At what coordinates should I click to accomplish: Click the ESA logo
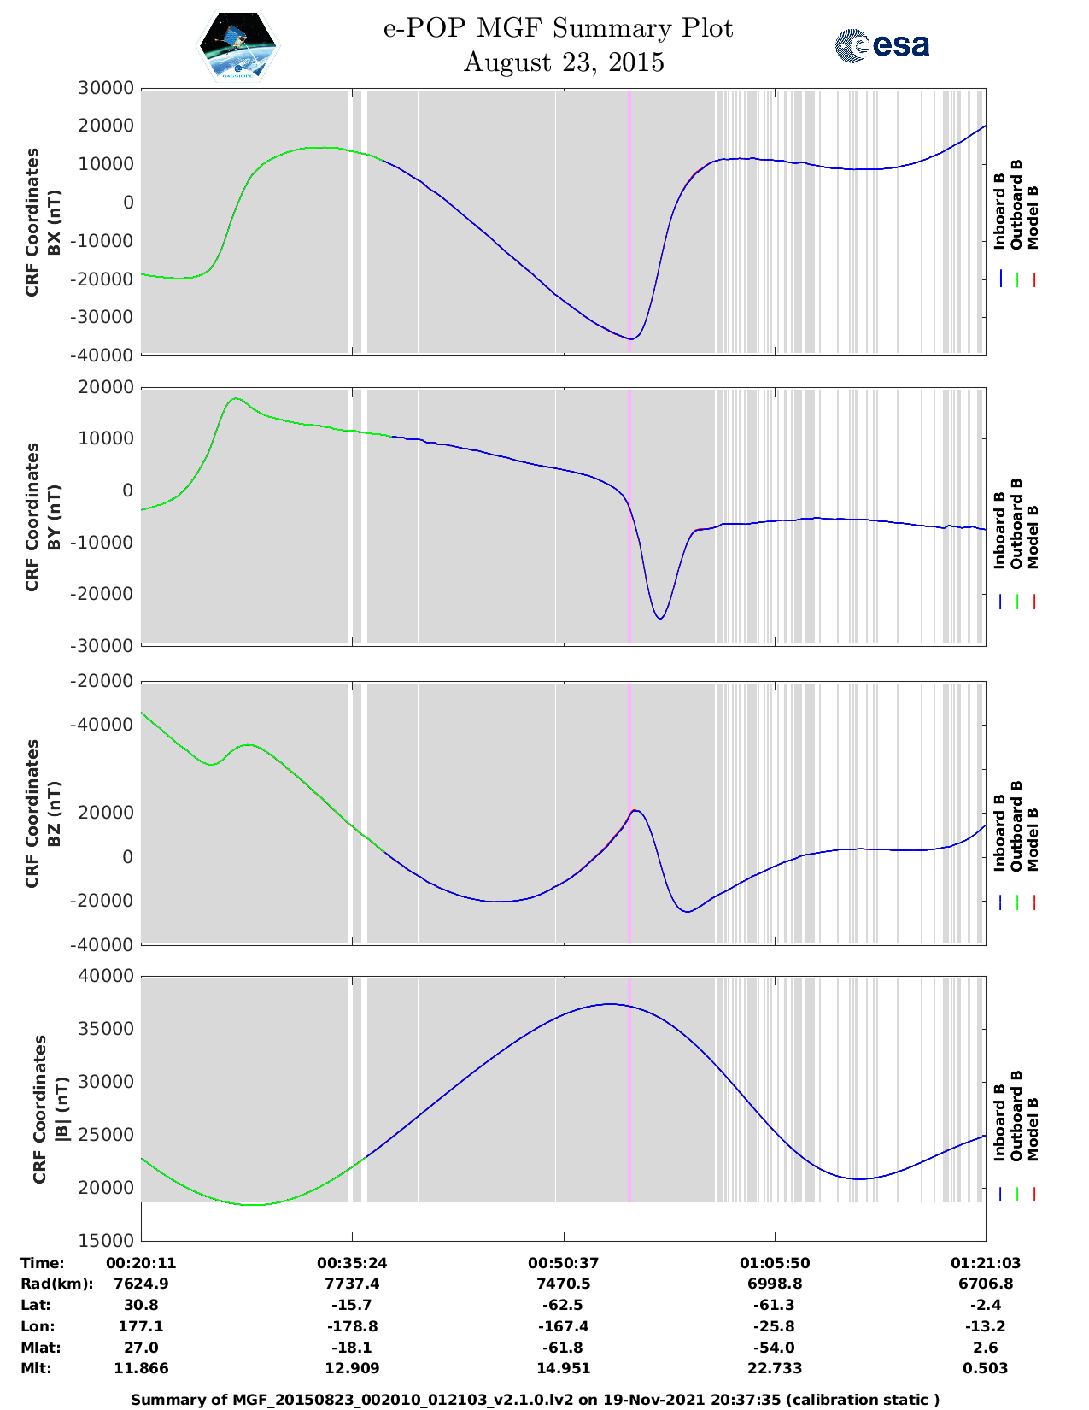tap(881, 45)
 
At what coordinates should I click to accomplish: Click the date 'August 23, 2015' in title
tap(563, 62)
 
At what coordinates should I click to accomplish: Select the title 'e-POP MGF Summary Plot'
tap(558, 28)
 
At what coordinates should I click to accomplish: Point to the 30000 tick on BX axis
tap(106, 88)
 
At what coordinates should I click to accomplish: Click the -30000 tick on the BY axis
tap(106, 646)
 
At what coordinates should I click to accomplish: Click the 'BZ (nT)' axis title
tap(54, 814)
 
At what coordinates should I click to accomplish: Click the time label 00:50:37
tap(563, 1263)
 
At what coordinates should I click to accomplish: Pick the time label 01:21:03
tap(985, 1263)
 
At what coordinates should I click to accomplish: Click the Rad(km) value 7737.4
tap(352, 1284)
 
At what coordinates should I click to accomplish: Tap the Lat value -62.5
tap(563, 1305)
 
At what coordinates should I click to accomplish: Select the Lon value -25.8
tap(775, 1326)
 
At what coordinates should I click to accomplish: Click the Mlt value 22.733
tap(775, 1368)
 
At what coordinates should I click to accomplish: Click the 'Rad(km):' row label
tap(56, 1284)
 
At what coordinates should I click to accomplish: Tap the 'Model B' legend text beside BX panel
tap(1033, 217)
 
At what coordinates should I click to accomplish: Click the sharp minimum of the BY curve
tap(659, 618)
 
